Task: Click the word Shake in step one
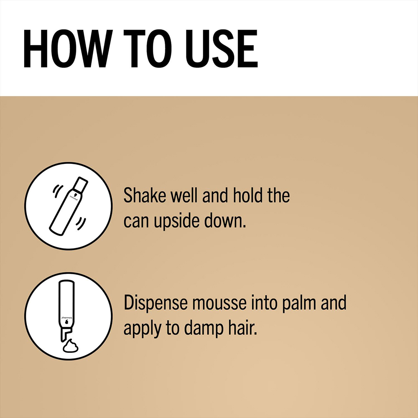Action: pyautogui.click(x=145, y=195)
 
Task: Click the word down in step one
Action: pyautogui.click(x=225, y=221)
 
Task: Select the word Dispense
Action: pyautogui.click(x=155, y=303)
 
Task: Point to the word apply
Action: pyautogui.click(x=142, y=329)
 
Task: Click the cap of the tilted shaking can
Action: pyautogui.click(x=80, y=184)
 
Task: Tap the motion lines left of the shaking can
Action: pyautogui.click(x=58, y=191)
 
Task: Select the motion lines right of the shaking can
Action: pyautogui.click(x=81, y=224)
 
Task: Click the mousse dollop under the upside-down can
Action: pyautogui.click(x=70, y=346)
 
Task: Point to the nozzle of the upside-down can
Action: pyautogui.click(x=65, y=334)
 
